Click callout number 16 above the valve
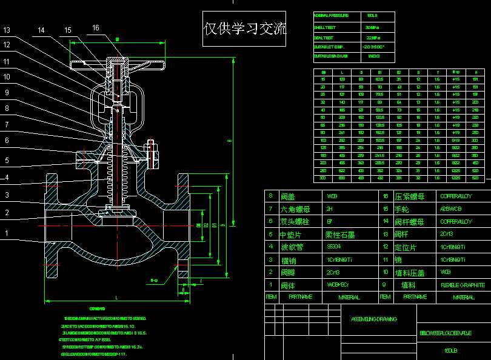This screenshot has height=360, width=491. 96,27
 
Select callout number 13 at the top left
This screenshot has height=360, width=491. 7,30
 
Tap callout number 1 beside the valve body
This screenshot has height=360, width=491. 7,233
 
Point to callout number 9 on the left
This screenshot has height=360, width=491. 7,93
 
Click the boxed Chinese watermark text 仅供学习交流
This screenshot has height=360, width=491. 245,28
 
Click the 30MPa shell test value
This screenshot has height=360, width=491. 372,27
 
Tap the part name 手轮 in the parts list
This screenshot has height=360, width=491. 403,208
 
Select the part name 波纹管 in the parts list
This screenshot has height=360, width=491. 292,247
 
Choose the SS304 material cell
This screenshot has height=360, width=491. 334,247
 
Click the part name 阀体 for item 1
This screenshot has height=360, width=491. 288,285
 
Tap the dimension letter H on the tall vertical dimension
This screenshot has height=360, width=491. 229,141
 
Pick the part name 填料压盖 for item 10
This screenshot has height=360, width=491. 409,272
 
